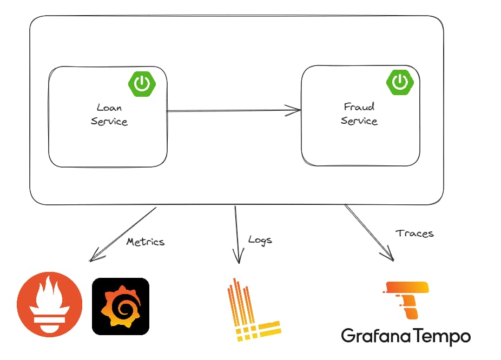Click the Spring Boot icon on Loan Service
(x=142, y=83)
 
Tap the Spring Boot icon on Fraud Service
(x=399, y=82)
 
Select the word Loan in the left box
(x=109, y=107)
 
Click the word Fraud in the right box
(x=359, y=106)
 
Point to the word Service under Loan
(x=109, y=121)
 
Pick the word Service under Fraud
(x=359, y=120)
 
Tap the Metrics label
(x=145, y=241)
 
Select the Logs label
(x=260, y=239)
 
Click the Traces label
(x=414, y=234)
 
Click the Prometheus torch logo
(x=50, y=306)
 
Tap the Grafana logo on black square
(x=120, y=306)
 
